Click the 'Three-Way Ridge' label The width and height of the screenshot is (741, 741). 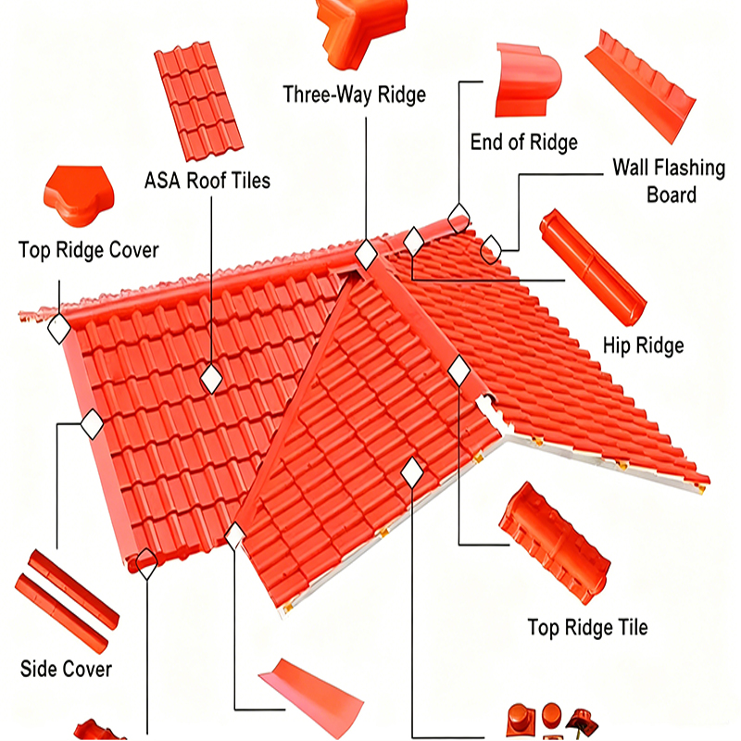point(355,94)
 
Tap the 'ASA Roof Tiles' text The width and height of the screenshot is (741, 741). point(207,180)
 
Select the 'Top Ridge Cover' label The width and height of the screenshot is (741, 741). point(89,250)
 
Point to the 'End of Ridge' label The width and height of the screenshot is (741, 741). point(524,142)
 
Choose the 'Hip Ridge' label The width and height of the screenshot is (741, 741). point(643,345)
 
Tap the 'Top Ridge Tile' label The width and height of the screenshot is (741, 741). point(587,627)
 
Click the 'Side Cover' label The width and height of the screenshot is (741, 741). point(66,669)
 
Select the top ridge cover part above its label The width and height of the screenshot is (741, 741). point(78,197)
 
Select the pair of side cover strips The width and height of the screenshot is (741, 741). point(67,602)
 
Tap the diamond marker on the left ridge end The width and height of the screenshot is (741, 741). point(58,328)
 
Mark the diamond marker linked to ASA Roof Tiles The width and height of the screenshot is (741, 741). point(211,377)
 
